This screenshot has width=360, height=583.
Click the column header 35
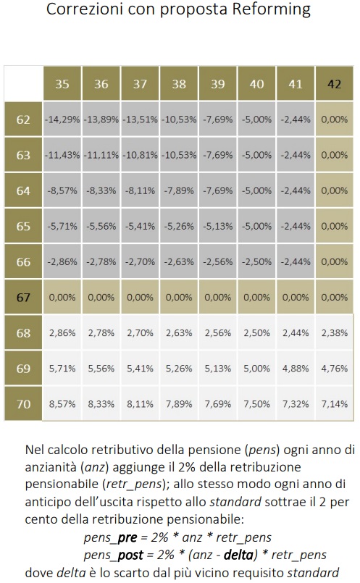pyautogui.click(x=62, y=84)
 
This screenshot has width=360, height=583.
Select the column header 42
pyautogui.click(x=334, y=84)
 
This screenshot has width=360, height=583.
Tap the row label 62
pyautogui.click(x=23, y=119)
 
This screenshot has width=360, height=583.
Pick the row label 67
pyautogui.click(x=23, y=298)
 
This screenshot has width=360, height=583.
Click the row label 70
pyautogui.click(x=23, y=404)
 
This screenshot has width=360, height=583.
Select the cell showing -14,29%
pyautogui.click(x=62, y=119)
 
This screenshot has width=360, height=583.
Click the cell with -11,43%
pyautogui.click(x=62, y=155)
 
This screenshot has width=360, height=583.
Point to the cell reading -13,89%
pyautogui.click(x=101, y=119)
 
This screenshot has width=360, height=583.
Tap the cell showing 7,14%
pyautogui.click(x=334, y=404)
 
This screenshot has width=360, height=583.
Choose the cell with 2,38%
pyautogui.click(x=334, y=332)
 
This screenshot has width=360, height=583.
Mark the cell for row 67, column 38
pyautogui.click(x=179, y=298)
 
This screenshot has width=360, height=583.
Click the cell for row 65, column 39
pyautogui.click(x=217, y=226)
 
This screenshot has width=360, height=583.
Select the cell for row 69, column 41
pyautogui.click(x=296, y=369)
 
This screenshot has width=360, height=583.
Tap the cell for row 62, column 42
pyautogui.click(x=334, y=119)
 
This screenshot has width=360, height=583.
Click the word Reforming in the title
pyautogui.click(x=271, y=9)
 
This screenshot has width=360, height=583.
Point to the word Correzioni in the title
pyautogui.click(x=85, y=9)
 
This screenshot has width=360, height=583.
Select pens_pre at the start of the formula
pyautogui.click(x=110, y=537)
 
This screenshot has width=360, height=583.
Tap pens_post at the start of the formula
pyautogui.click(x=114, y=555)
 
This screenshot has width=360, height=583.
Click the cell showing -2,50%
pyautogui.click(x=256, y=261)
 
